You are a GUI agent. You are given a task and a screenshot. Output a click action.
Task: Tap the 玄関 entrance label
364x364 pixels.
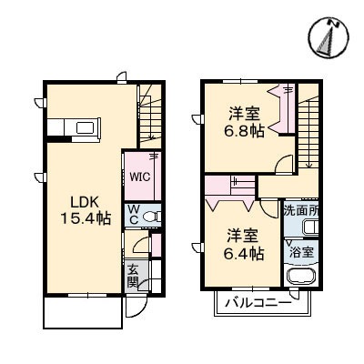133,276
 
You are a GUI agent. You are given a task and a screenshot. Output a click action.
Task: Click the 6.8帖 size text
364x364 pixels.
244,131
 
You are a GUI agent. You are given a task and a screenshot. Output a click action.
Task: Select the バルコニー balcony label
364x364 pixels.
259,301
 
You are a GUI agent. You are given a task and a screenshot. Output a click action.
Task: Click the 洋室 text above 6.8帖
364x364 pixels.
243,114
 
